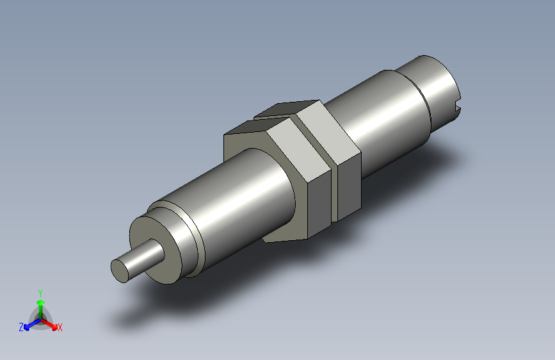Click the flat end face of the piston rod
[120, 270]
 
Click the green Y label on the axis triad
[40, 291]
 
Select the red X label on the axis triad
[60, 327]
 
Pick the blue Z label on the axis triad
[21, 327]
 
